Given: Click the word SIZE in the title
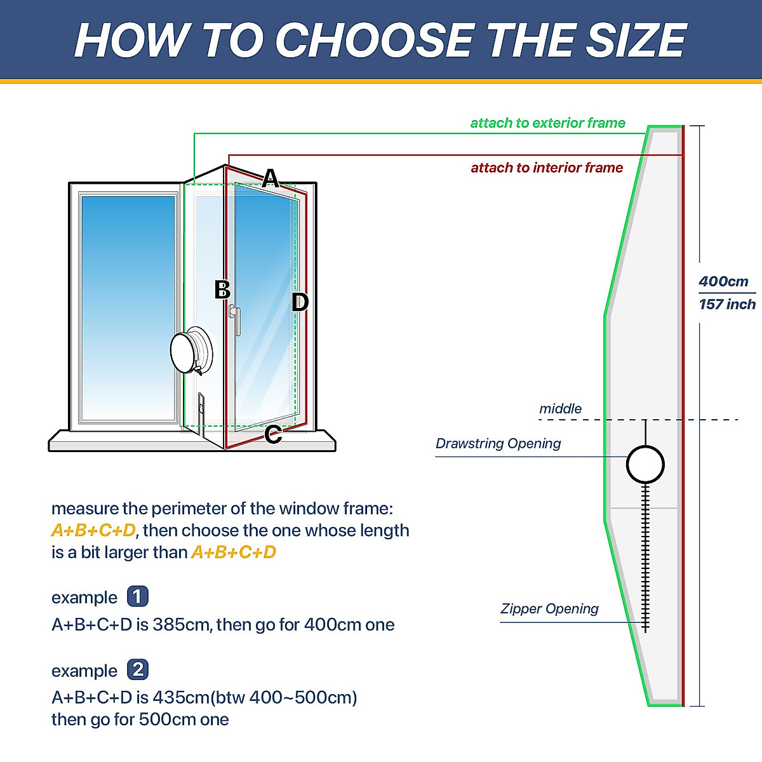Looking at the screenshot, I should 635,41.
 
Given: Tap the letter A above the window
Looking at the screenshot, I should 271,178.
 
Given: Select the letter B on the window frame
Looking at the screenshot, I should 222,290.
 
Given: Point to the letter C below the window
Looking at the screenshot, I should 273,434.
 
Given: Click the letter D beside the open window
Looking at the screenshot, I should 300,302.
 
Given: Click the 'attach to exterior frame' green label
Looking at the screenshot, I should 547,123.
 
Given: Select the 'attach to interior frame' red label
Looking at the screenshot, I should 547,168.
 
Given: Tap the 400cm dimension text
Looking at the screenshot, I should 723,281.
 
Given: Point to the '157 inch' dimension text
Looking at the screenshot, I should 727,304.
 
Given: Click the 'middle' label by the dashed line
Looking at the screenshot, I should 560,409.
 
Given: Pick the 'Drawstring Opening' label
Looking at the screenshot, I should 498,443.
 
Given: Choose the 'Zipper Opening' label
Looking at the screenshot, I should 549,609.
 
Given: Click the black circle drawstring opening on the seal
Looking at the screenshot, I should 645,465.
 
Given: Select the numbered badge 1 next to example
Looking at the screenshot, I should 138,597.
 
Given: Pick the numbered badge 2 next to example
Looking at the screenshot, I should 138,670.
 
